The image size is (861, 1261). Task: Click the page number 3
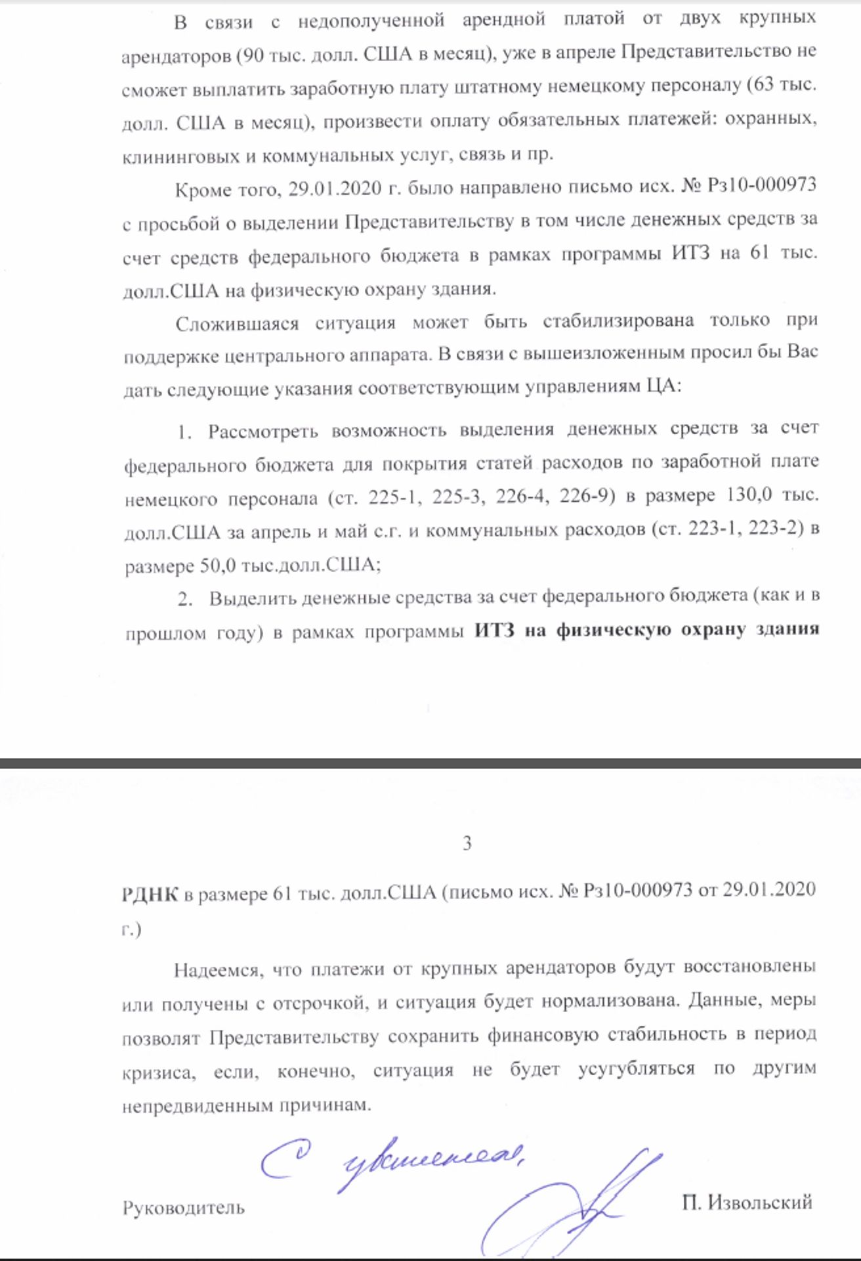coord(467,843)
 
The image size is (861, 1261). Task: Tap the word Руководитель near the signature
coord(183,1207)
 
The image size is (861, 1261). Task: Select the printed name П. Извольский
coord(747,1202)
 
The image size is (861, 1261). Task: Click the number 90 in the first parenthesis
coord(256,55)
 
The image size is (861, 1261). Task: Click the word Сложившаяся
coord(237,323)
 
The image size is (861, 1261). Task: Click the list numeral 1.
coord(184,432)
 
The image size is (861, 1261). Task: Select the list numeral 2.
coord(186,598)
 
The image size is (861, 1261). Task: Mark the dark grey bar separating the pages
coord(430,763)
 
